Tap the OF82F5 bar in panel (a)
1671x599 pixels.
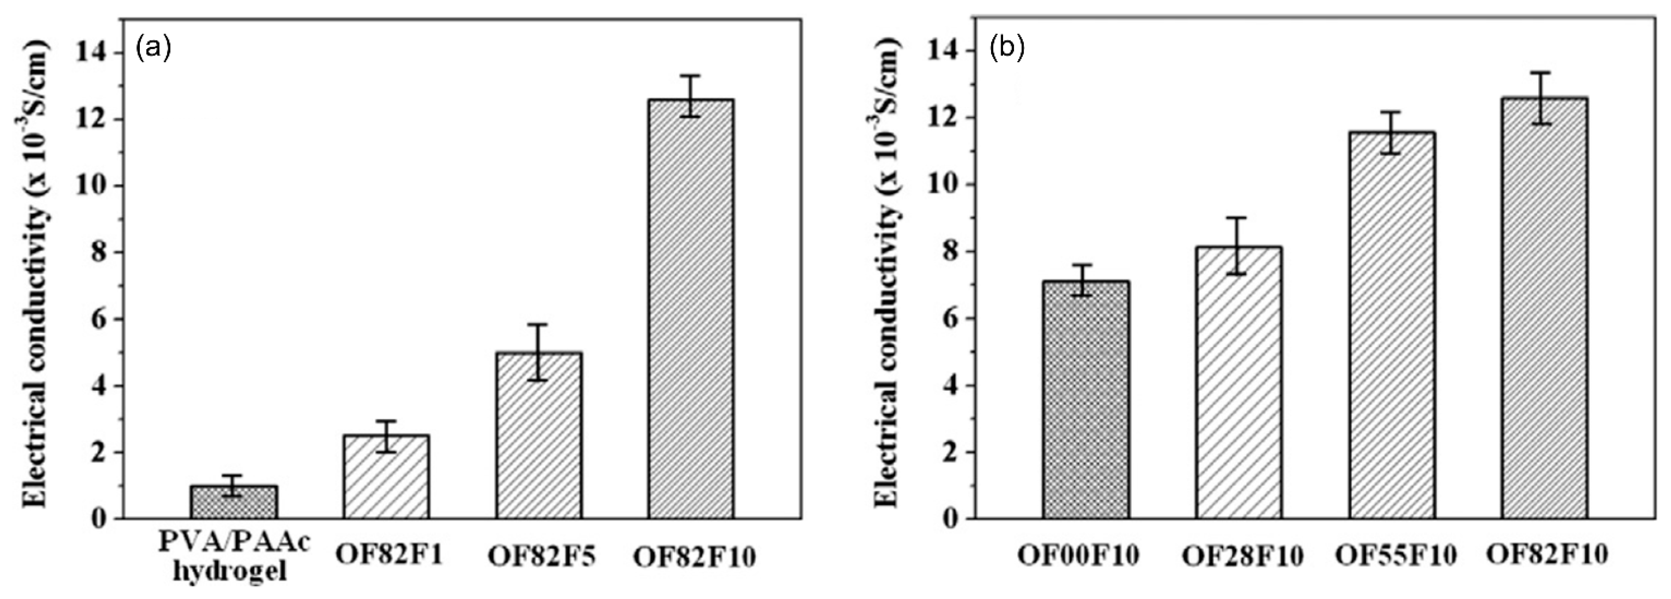click(x=539, y=435)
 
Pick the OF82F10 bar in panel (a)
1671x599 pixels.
click(x=691, y=308)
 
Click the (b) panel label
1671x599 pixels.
click(x=1007, y=49)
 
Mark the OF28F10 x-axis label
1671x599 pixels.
click(x=1242, y=557)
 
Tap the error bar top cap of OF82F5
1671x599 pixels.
click(x=538, y=324)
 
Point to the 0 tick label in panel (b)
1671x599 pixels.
click(x=951, y=519)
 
